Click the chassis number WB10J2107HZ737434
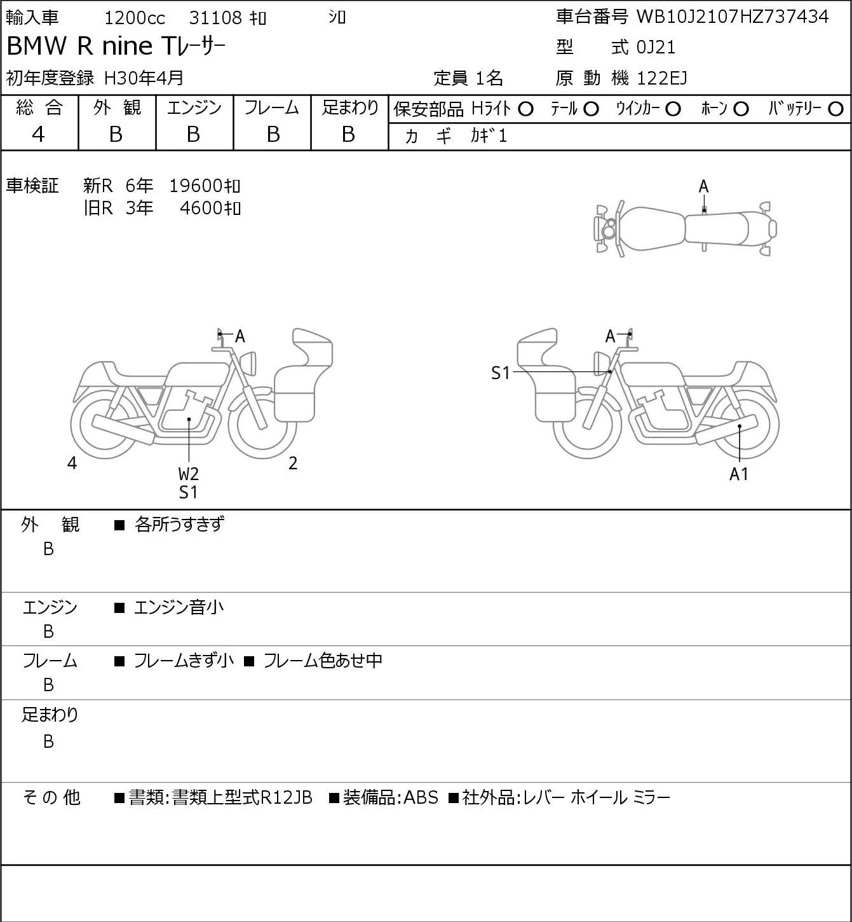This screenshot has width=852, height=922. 733,17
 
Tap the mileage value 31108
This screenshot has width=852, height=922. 215,18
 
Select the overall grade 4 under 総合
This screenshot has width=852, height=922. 38,134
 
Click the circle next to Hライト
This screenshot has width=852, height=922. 525,109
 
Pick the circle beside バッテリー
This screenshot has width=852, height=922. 835,109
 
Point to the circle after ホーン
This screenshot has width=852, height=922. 741,109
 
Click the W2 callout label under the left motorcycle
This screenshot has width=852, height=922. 189,474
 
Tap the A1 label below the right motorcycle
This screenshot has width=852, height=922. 739,474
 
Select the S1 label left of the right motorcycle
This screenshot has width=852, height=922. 501,373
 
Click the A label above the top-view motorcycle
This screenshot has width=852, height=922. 703,187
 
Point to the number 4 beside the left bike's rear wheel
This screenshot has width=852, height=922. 72,463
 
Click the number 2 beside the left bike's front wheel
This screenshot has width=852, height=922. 293,463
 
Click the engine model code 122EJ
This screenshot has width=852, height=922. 662,78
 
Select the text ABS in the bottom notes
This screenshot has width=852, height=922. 421,797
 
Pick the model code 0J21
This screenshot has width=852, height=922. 656,47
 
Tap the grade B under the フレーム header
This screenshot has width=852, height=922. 273,134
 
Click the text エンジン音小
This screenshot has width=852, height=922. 179,607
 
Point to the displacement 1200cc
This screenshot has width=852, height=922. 135,18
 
